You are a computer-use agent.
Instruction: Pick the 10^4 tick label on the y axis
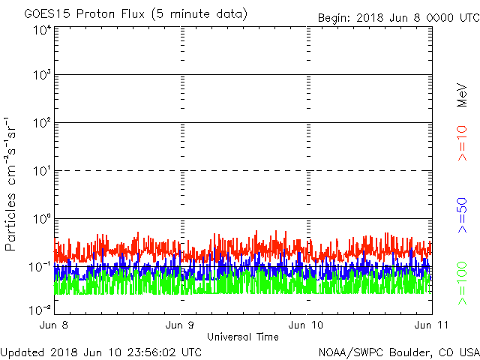click(x=42, y=29)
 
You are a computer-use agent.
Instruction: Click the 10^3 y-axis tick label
click(x=42, y=75)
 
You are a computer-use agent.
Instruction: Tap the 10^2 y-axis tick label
click(x=42, y=123)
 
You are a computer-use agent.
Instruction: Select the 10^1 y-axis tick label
click(x=42, y=171)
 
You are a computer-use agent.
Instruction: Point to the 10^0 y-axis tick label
click(x=42, y=219)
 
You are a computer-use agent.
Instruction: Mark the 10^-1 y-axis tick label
click(x=40, y=267)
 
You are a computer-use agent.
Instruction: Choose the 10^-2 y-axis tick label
click(x=40, y=309)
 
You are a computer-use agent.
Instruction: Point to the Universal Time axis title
click(x=242, y=337)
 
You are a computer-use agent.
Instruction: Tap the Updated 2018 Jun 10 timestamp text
click(x=101, y=351)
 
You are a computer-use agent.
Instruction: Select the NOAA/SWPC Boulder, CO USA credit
click(x=398, y=351)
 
